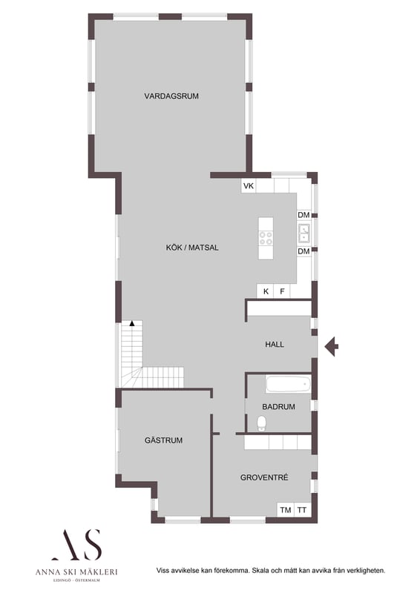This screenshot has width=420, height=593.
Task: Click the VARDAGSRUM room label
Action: (171, 96)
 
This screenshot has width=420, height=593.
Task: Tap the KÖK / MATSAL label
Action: (192, 248)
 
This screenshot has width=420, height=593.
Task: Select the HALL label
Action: (275, 345)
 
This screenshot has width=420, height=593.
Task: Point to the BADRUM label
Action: (278, 407)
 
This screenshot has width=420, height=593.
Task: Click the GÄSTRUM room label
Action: (163, 440)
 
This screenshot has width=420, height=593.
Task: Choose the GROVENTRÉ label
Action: (264, 477)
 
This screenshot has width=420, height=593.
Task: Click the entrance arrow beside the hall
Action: (332, 346)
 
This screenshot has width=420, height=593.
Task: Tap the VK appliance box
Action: (249, 186)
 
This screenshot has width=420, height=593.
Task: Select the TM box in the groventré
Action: (286, 510)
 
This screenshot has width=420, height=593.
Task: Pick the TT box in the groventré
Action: (302, 510)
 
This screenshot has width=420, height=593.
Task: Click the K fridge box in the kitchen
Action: (266, 291)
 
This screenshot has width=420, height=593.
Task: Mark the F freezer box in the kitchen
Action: (282, 291)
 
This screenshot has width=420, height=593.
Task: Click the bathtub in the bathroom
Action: (288, 384)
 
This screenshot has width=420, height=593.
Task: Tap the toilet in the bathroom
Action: (261, 423)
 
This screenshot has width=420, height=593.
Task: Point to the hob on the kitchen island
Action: (266, 238)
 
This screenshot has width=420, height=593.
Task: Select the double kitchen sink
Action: (304, 233)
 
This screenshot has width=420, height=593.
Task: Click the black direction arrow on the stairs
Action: (132, 323)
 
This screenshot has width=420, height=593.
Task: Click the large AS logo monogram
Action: (77, 545)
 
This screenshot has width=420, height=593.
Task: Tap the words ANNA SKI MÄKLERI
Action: (76, 572)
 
